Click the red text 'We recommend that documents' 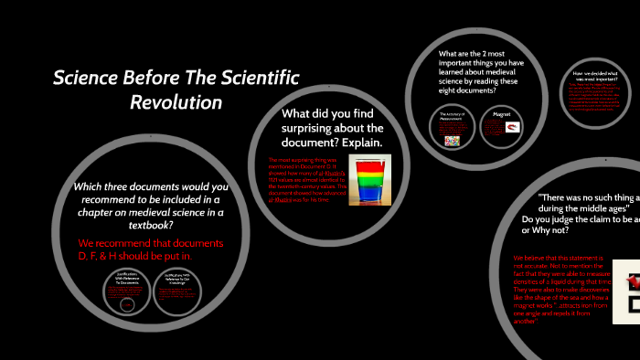(x=151, y=245)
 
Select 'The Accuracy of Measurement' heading (x=452, y=114)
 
